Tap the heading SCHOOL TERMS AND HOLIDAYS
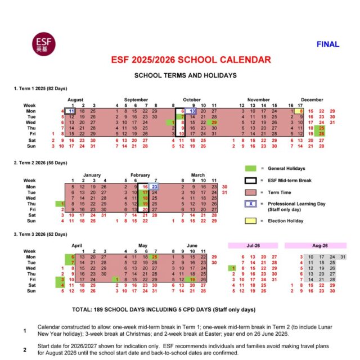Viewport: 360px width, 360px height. point(184,75)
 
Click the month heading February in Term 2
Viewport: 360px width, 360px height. point(141,174)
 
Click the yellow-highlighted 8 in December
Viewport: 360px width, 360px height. point(301,111)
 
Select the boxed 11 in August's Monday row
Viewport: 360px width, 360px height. point(70,111)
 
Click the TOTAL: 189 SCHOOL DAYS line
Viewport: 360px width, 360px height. point(164,309)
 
